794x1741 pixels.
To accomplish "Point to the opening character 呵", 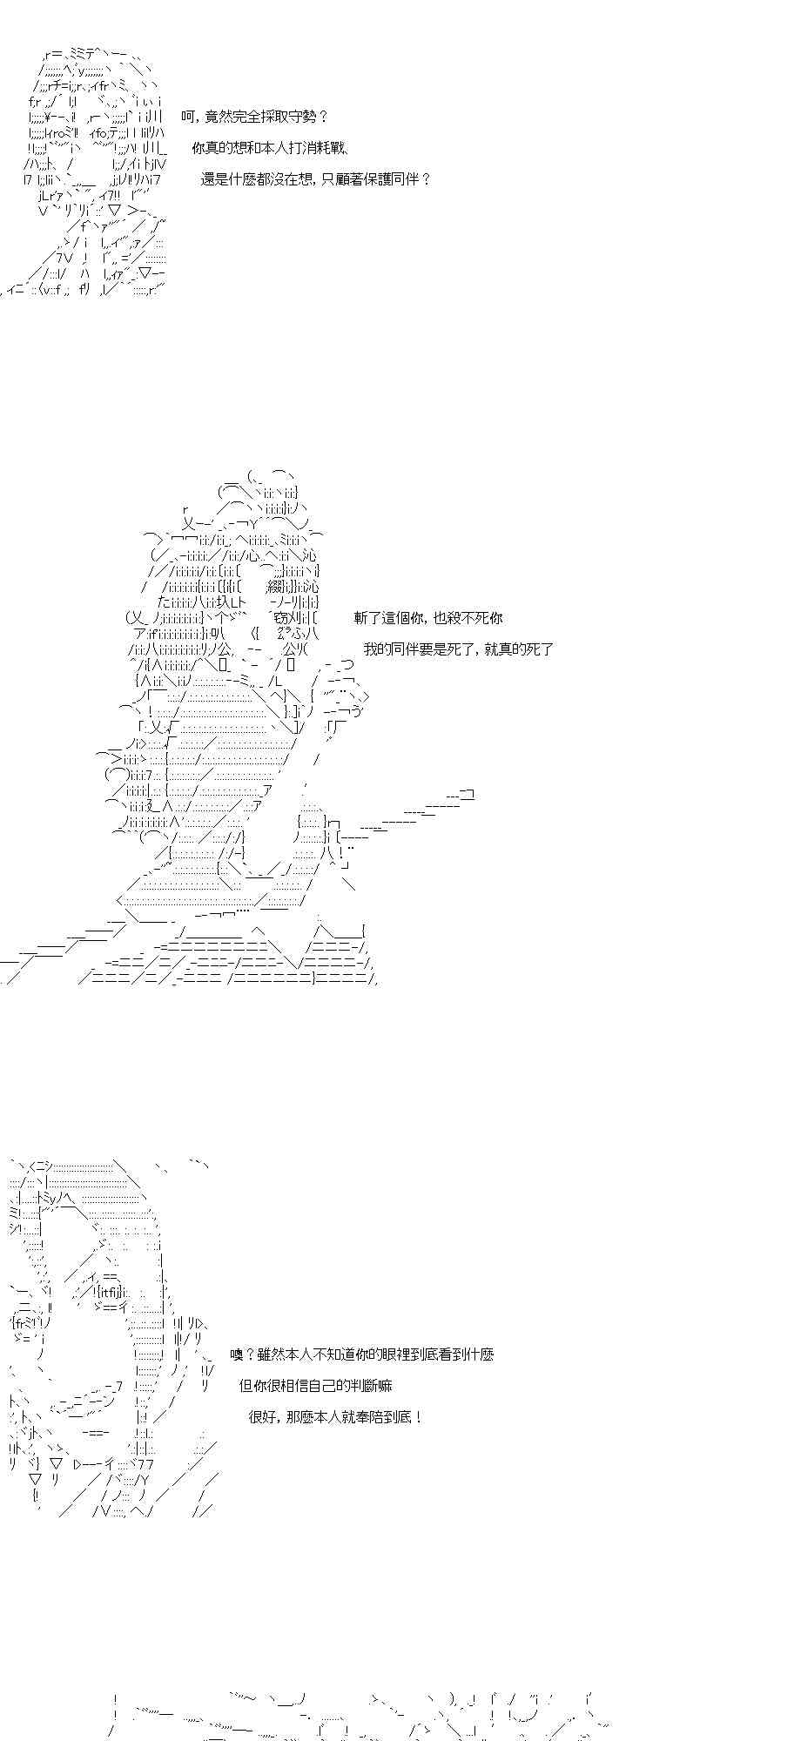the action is click(188, 117).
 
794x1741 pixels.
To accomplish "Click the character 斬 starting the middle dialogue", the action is click(361, 618).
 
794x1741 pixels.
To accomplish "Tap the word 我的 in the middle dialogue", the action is click(377, 649).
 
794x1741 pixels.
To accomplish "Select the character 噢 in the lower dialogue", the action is click(237, 1354).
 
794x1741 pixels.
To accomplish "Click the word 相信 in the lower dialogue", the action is click(291, 1386).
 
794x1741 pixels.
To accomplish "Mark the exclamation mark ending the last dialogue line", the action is click(421, 1417).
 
